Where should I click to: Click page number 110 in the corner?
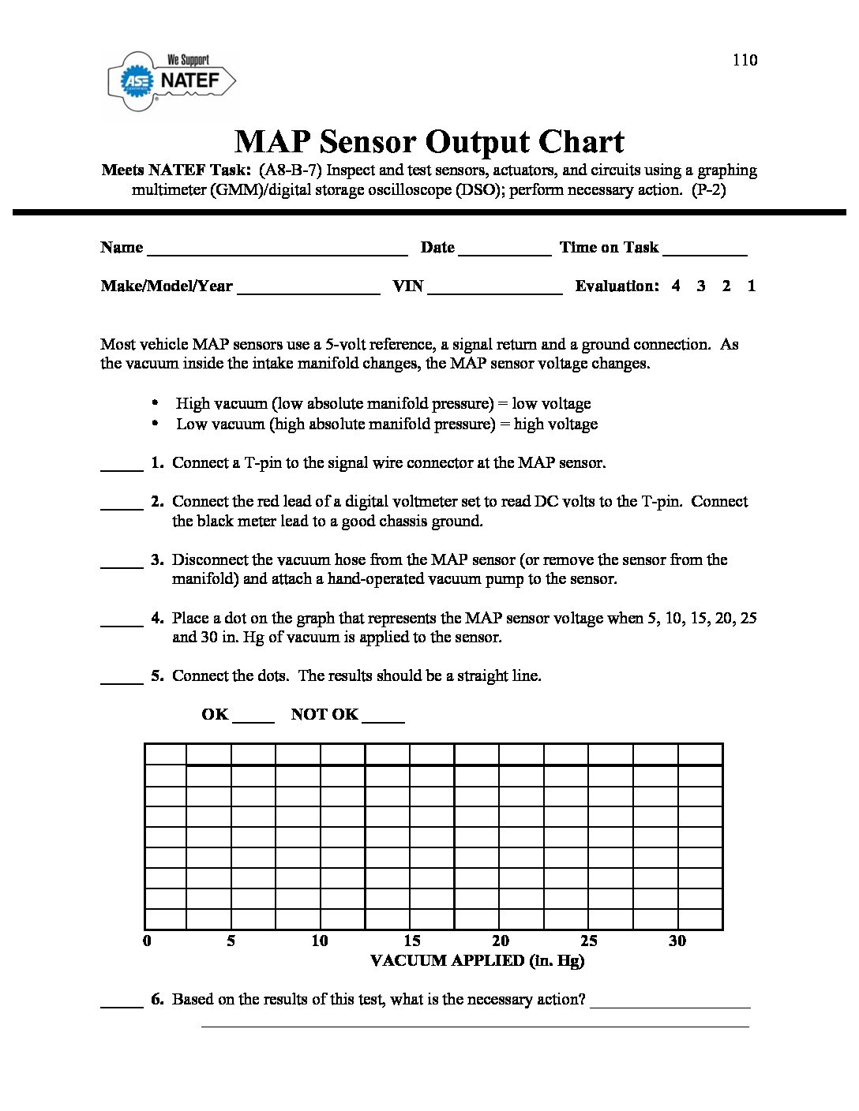coord(745,60)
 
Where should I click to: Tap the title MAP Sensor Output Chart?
coord(429,142)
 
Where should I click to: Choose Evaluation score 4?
coord(676,286)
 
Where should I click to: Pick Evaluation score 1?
coord(752,286)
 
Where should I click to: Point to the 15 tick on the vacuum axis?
coord(412,941)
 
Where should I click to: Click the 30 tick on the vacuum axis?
coord(677,941)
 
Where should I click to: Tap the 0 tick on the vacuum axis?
coord(147,941)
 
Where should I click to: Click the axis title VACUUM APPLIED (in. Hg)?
coord(477,960)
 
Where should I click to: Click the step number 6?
coord(157,999)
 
